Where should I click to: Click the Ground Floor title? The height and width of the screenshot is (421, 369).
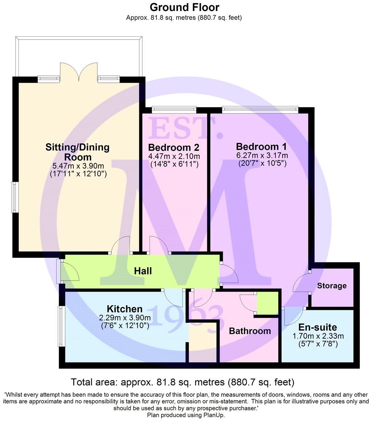[x=184, y=7]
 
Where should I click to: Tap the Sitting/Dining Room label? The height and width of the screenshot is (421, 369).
[x=77, y=152]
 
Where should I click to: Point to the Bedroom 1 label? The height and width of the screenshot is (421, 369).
[x=261, y=147]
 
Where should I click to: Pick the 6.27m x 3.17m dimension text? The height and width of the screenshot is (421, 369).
[x=261, y=156]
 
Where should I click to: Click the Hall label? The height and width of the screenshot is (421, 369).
[x=143, y=271]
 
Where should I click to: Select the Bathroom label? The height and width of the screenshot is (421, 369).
[x=250, y=331]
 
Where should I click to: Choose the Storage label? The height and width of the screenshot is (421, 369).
[x=332, y=286]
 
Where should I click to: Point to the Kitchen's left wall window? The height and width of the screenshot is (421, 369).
[x=60, y=326]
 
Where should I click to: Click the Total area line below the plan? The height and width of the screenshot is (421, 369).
[x=182, y=382]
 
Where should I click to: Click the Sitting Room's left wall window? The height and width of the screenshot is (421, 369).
[x=14, y=197]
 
